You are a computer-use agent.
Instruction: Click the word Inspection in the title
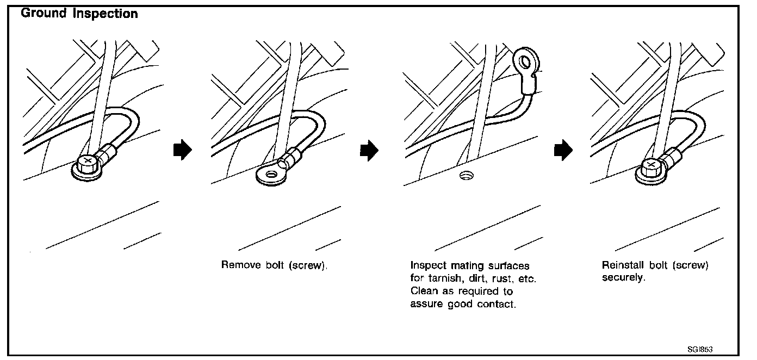pyautogui.click(x=106, y=14)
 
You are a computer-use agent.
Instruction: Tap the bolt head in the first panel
pyautogui.click(x=88, y=162)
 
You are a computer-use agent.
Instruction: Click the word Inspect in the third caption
pyautogui.click(x=427, y=266)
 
